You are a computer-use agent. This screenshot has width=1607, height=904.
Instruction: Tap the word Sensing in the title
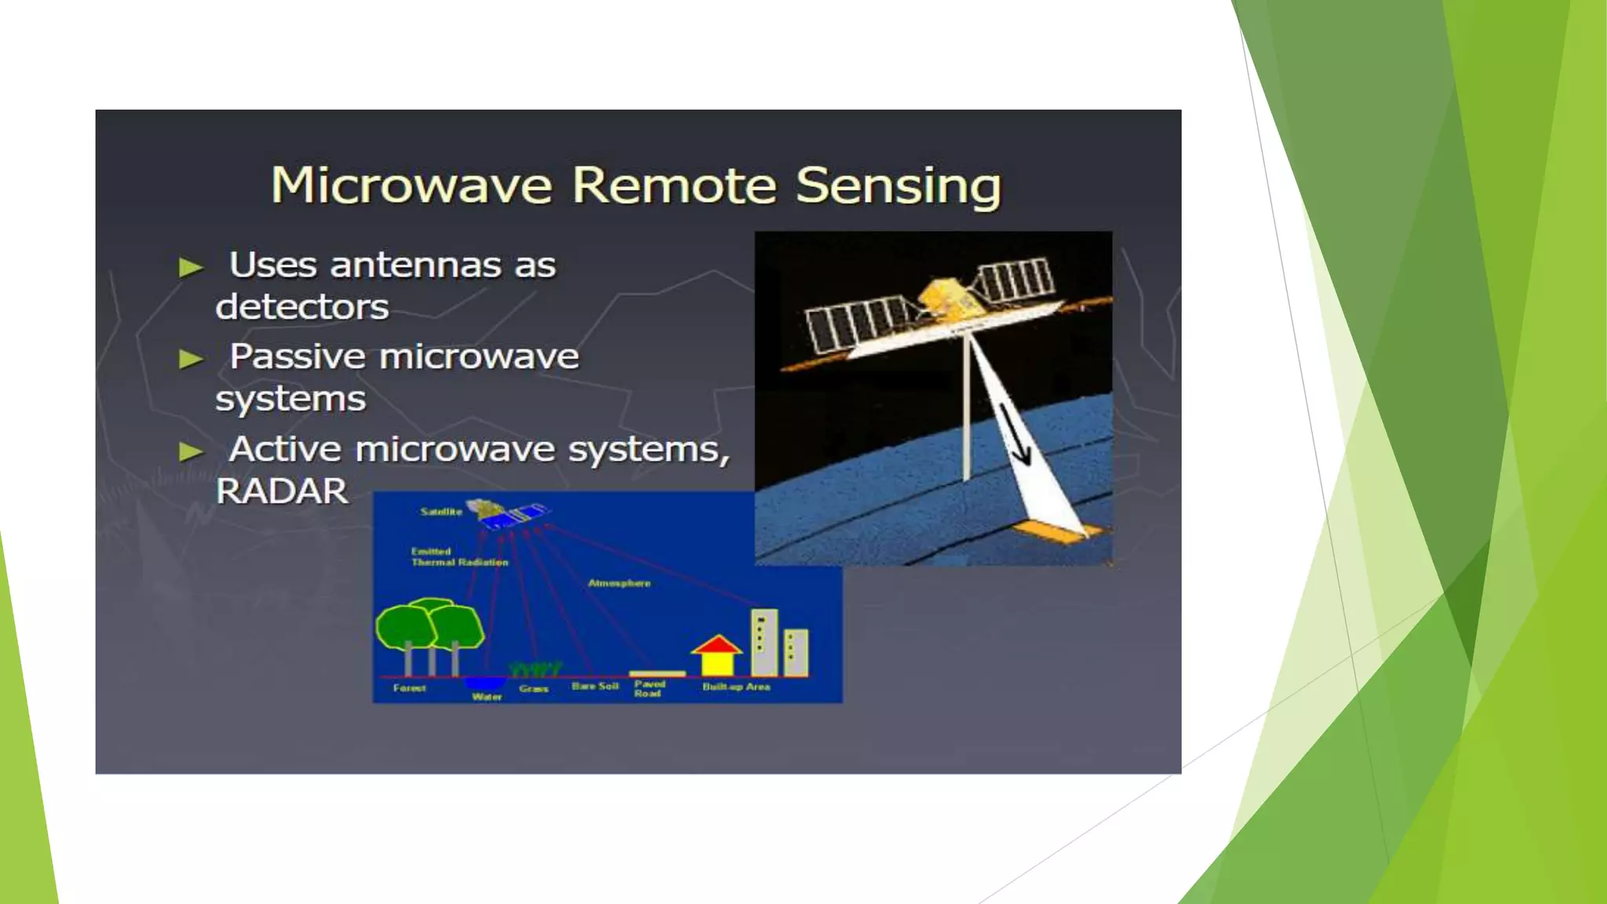pos(898,186)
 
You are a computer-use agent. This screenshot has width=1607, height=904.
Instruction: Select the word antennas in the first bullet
pos(415,265)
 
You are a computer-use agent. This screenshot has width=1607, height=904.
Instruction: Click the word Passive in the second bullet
pos(297,357)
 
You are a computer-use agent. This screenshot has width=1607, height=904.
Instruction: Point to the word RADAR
pos(282,492)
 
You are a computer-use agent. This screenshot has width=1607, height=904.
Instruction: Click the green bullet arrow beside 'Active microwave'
pos(191,452)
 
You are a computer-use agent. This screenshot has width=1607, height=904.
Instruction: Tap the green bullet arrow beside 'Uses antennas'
pos(191,268)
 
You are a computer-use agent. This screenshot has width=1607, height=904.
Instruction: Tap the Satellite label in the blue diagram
pos(441,512)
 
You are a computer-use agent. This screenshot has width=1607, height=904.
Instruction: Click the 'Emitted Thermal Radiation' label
pos(459,556)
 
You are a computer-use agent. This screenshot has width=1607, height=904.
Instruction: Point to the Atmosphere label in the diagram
pos(619,583)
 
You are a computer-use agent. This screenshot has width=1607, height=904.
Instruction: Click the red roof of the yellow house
pos(716,646)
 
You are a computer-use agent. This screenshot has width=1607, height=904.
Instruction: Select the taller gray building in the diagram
pos(764,642)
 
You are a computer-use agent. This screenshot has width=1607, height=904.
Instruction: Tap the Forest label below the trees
pos(409,688)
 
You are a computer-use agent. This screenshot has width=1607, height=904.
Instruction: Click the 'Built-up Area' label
pos(736,687)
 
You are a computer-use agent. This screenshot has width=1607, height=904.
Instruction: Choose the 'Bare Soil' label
pos(595,686)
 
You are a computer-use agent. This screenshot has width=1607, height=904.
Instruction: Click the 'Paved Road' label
pos(649,688)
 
